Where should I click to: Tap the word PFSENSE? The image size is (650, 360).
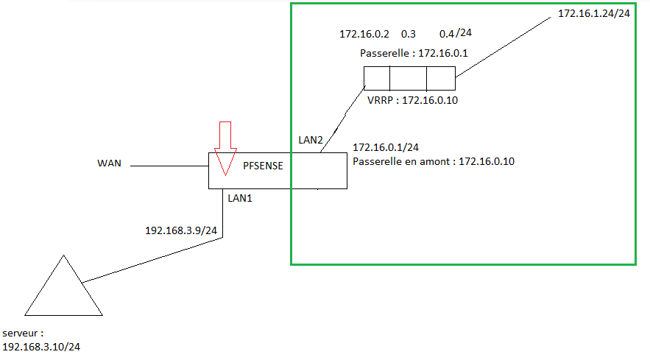(264, 166)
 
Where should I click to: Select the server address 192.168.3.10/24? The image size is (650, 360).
(41, 346)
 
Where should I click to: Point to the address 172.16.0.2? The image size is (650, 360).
(364, 34)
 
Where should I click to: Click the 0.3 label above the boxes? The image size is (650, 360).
(409, 34)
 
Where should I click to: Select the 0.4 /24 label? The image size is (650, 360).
(456, 34)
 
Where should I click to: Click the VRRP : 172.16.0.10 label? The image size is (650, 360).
(412, 100)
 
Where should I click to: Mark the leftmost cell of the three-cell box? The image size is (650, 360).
(376, 78)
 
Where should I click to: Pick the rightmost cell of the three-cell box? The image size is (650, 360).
(440, 78)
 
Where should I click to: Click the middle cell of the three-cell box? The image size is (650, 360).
(408, 78)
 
